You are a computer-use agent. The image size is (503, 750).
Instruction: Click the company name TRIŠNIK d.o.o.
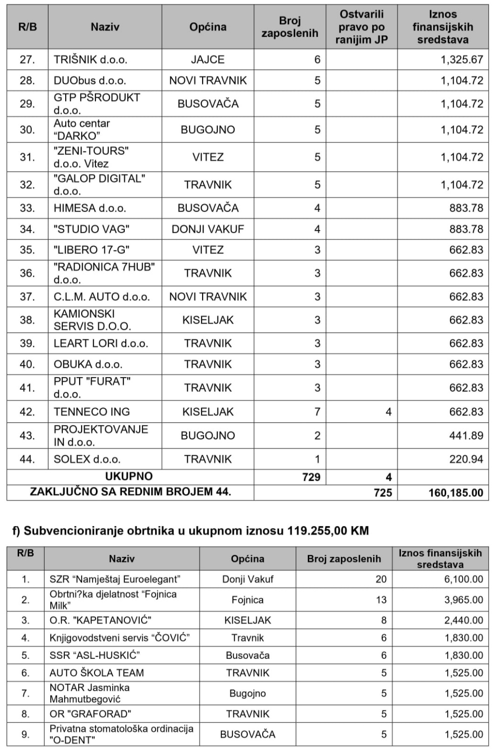click(x=90, y=60)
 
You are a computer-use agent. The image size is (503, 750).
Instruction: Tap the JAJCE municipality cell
click(x=208, y=60)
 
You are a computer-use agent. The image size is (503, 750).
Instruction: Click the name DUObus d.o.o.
click(x=90, y=81)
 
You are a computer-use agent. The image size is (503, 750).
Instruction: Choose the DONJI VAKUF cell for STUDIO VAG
click(x=208, y=229)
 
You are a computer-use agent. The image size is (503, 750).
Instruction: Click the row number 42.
click(x=27, y=412)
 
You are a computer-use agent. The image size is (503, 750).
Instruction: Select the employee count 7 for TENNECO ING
click(x=317, y=412)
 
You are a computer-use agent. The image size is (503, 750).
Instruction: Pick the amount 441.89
click(x=466, y=436)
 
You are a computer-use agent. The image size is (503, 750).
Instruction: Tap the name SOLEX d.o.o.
click(x=87, y=459)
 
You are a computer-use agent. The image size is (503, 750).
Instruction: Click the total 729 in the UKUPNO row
click(x=311, y=477)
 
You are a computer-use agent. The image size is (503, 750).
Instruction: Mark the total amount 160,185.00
click(x=456, y=493)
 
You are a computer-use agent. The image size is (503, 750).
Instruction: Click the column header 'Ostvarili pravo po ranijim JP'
click(x=361, y=27)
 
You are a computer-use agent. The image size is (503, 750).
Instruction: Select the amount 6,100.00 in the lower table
click(x=464, y=579)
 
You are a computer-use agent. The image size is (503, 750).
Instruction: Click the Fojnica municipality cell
click(x=247, y=600)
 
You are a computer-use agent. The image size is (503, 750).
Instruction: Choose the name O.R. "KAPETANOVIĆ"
click(x=101, y=620)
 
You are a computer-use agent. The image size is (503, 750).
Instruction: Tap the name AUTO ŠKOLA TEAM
click(x=97, y=673)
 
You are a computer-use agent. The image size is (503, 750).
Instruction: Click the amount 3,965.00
click(x=464, y=600)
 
